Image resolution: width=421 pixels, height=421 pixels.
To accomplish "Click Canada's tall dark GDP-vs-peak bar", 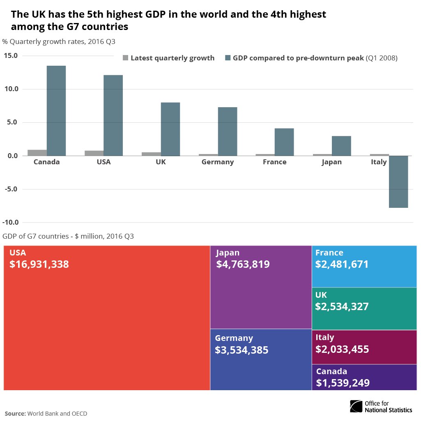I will [56, 111].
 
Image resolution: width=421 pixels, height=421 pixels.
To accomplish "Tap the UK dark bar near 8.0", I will [170, 129].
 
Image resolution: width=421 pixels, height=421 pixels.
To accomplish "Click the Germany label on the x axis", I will [218, 162].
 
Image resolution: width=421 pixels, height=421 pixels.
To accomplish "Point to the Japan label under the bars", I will [331, 162].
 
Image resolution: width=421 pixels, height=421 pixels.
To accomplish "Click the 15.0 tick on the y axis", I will [11, 55].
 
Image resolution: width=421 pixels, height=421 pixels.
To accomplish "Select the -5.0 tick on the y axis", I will [11, 189].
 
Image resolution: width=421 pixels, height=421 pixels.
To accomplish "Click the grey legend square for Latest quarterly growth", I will [126, 58].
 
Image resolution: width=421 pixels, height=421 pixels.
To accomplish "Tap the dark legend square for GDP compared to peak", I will [228, 58].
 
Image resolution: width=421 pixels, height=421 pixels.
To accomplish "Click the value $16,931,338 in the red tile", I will [39, 264].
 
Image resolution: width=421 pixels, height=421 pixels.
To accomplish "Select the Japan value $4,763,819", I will [243, 264].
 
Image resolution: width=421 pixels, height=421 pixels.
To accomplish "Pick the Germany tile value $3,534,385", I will [242, 350].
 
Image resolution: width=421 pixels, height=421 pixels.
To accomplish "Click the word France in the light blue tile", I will [329, 253].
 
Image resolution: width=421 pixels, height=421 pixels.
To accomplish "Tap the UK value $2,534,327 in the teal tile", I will [342, 306].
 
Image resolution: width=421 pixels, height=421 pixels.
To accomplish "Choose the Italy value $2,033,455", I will [342, 349].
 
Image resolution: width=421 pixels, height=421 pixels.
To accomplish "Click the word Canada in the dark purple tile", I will [331, 371].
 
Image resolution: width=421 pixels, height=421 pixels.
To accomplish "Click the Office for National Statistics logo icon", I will [356, 406].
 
